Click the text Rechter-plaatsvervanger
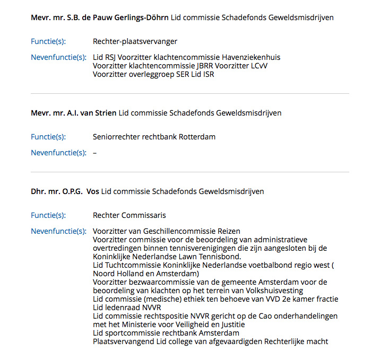pyautogui.click(x=135, y=41)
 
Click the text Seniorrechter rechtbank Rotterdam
pyautogui.click(x=154, y=137)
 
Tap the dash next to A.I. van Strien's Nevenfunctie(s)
pyautogui.click(x=94, y=153)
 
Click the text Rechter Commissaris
pyautogui.click(x=129, y=215)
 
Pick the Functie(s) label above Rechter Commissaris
pyautogui.click(x=48, y=215)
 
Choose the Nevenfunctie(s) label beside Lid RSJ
pyautogui.click(x=58, y=57)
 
